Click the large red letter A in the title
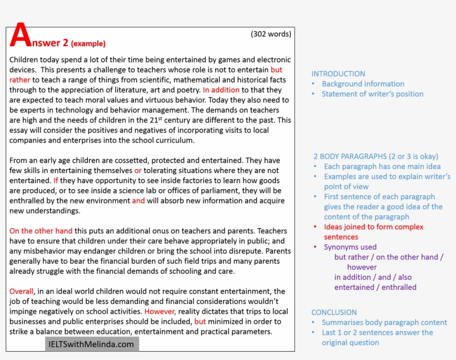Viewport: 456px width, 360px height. pos(20,36)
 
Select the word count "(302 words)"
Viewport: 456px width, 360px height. pos(271,34)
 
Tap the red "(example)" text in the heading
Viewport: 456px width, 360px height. pos(88,43)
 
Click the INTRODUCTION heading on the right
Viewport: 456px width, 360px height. pos(338,73)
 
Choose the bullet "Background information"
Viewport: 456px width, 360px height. pos(363,83)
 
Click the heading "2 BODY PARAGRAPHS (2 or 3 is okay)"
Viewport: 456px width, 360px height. pos(375,156)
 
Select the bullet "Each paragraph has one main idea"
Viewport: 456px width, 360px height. pos(382,166)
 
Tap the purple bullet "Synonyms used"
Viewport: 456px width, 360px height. pos(350,246)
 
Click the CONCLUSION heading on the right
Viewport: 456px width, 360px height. pos(334,312)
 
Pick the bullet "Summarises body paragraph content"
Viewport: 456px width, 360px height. pos(384,322)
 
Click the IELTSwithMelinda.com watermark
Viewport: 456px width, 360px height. pos(92,344)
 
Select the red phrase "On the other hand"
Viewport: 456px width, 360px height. pos(41,230)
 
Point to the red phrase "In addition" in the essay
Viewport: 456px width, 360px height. pos(221,90)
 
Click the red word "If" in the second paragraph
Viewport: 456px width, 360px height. pos(56,180)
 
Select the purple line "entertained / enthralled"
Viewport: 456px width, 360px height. pos(375,287)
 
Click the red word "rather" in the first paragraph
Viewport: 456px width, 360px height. pos(19,80)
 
